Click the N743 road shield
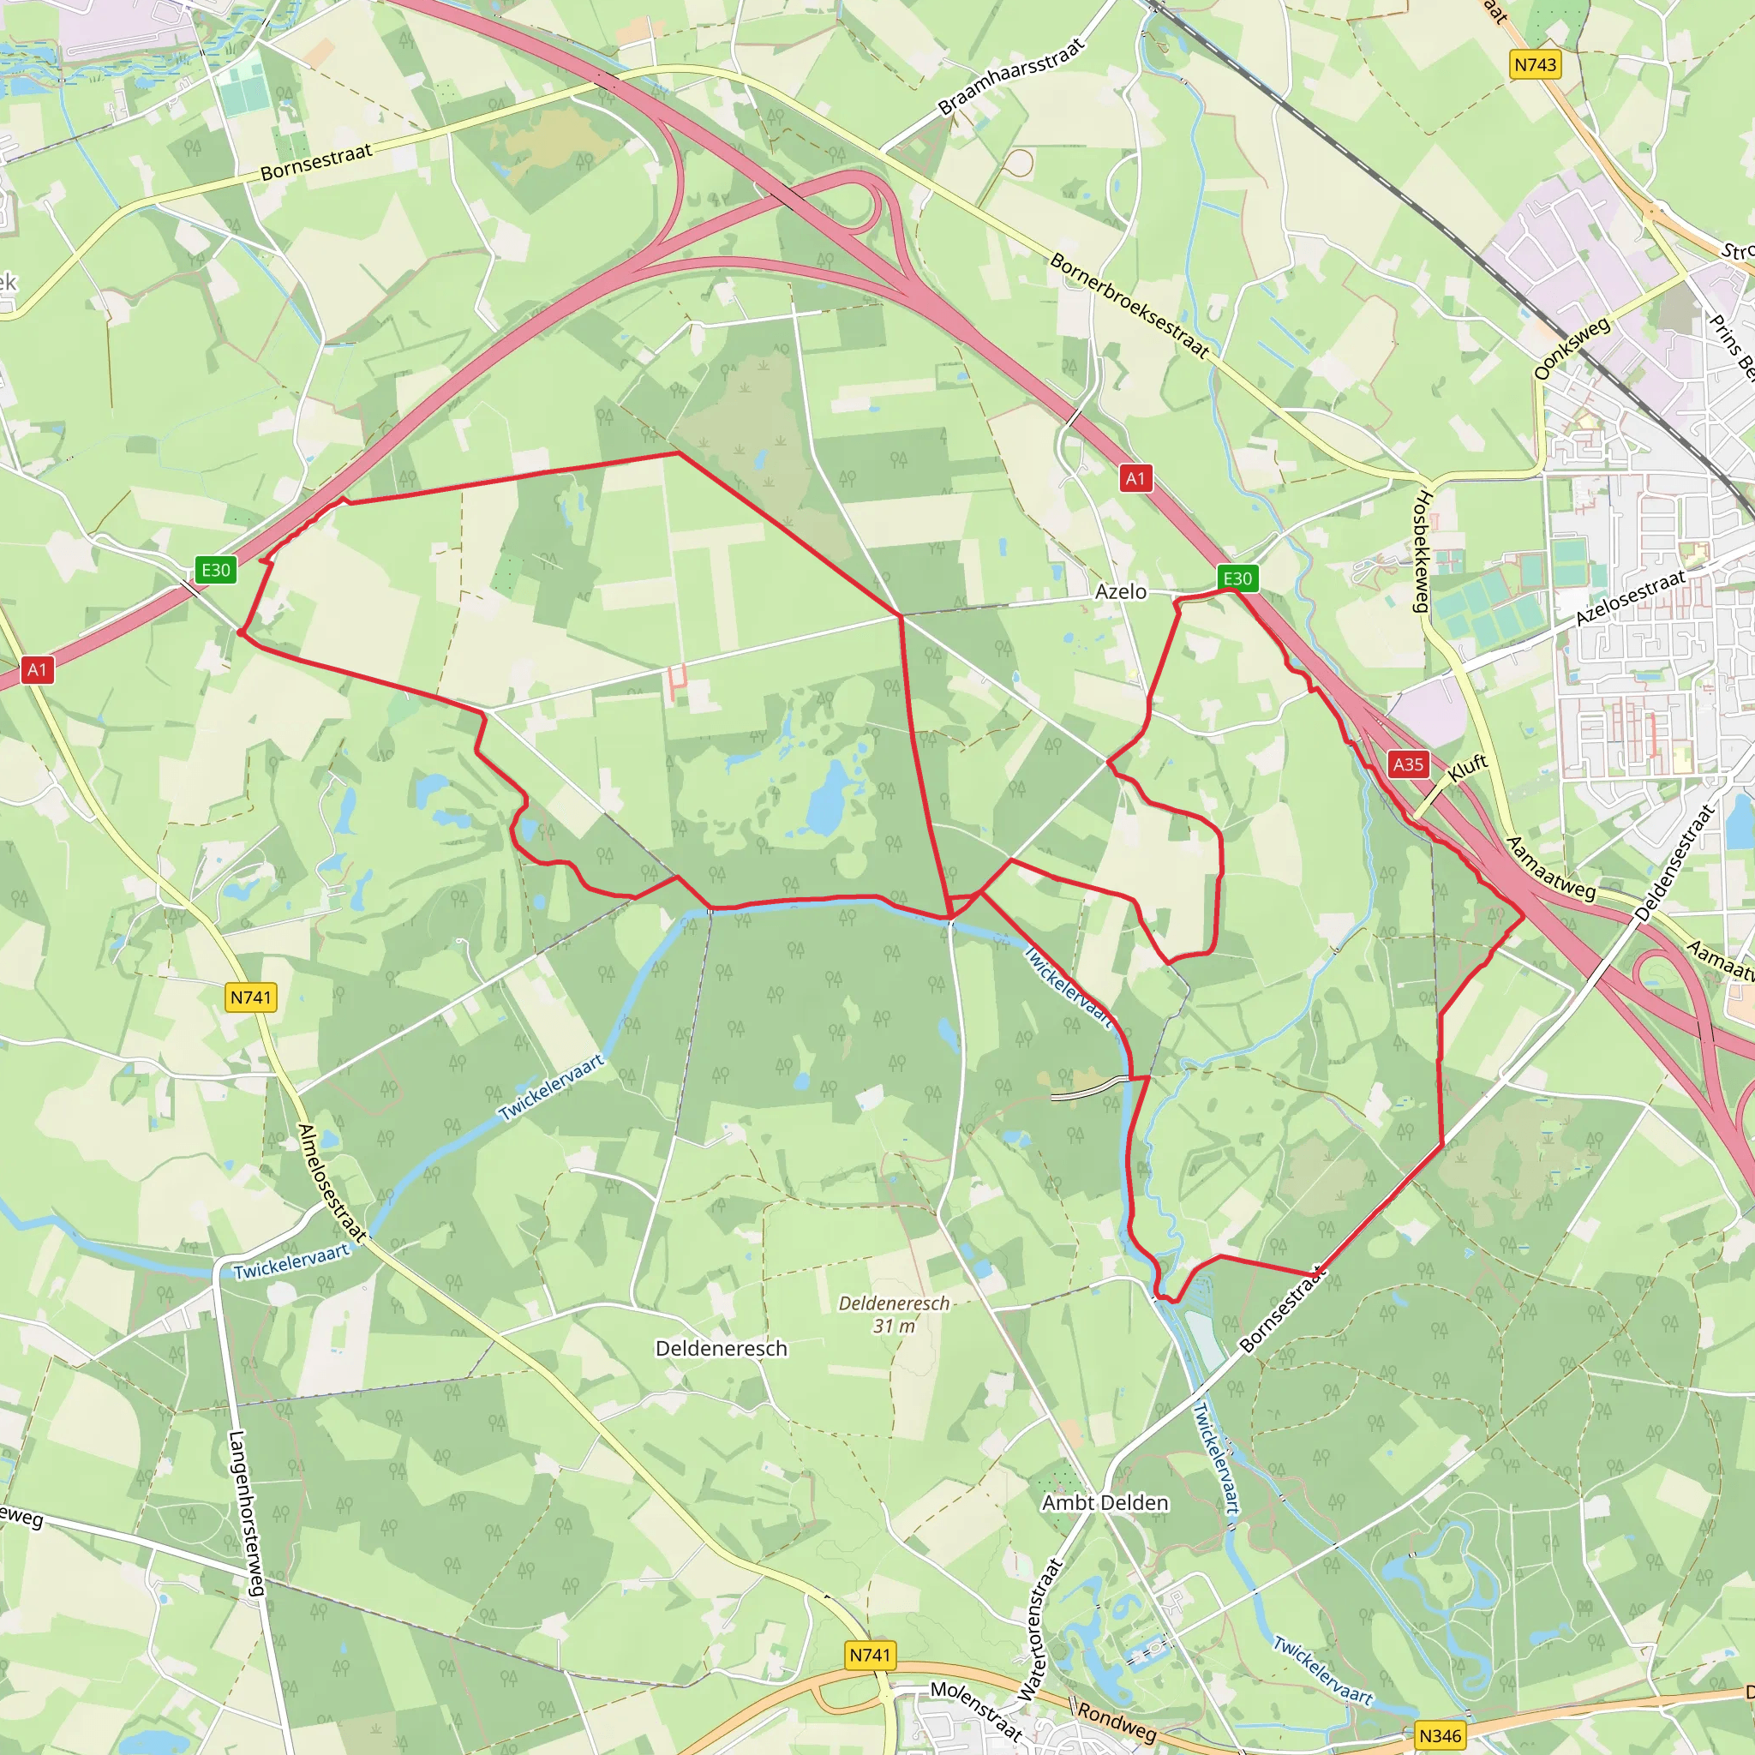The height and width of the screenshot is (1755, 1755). coord(1535,64)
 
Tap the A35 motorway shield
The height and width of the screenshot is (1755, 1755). coord(1408,764)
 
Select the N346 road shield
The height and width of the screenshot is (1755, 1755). coord(1440,1736)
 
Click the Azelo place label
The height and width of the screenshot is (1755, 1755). coord(1120,591)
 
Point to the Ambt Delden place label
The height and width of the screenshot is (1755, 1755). coord(1105,1502)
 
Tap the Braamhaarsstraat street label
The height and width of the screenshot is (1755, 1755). coord(1011,76)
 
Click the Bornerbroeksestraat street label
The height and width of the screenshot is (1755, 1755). coord(1129,305)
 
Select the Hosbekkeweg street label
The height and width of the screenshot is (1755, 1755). coord(1423,551)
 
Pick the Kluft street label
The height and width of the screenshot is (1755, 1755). coord(1467,767)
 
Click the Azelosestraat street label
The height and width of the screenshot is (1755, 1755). coord(1631,596)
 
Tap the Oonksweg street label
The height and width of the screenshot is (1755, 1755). coord(1572,348)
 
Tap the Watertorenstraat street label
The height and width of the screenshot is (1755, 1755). coord(1040,1630)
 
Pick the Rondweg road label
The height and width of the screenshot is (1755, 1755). coord(1117,1722)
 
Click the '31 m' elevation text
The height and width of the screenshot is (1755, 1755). coord(894,1327)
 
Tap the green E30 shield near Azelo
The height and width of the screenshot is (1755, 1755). coord(1237,578)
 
